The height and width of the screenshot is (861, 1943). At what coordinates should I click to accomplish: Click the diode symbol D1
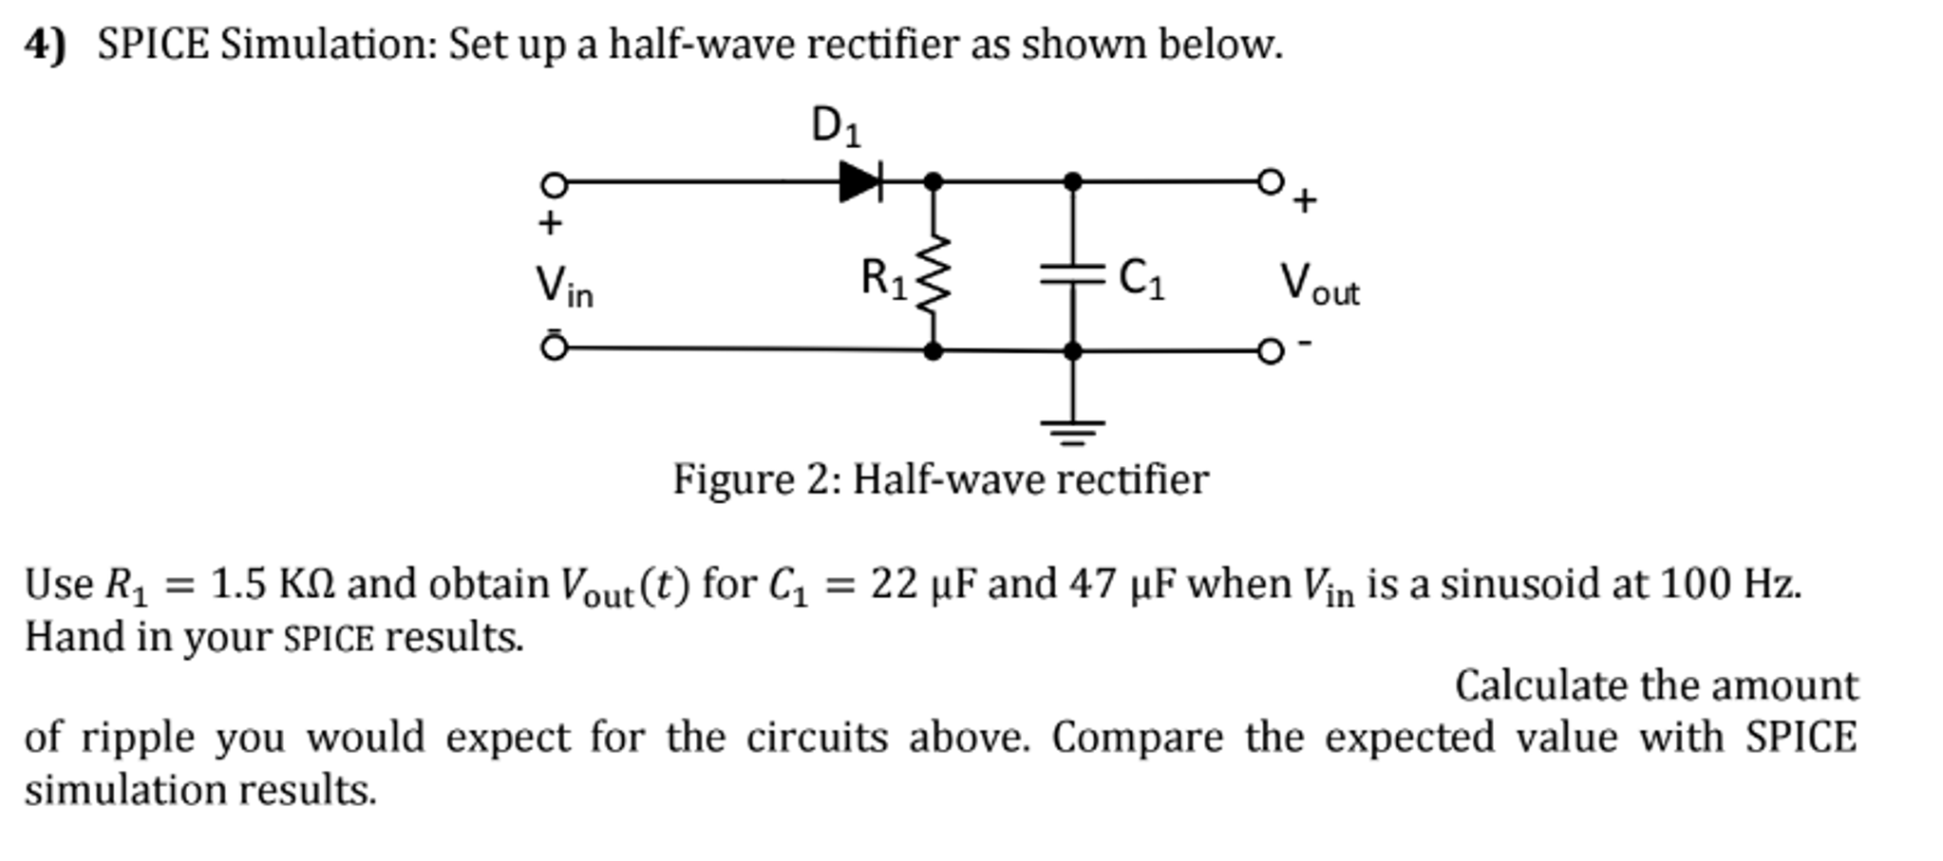[860, 180]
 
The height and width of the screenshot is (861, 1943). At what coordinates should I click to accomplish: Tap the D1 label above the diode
[836, 126]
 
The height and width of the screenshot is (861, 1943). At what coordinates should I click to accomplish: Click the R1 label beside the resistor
[883, 279]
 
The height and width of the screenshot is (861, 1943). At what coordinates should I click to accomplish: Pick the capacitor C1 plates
[1072, 275]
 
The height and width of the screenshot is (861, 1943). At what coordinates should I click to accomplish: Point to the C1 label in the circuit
[1141, 279]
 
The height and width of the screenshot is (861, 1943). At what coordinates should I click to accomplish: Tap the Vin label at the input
[564, 286]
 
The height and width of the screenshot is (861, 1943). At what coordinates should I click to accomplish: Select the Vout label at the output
[1319, 284]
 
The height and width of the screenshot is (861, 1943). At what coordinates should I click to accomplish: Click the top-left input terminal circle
[554, 183]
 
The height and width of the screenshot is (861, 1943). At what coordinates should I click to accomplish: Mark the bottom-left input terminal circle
[554, 348]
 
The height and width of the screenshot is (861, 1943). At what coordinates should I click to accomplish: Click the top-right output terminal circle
[1270, 180]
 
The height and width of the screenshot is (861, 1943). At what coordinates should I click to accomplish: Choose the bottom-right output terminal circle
[1270, 351]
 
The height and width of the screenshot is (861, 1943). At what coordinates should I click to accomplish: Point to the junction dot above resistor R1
[934, 180]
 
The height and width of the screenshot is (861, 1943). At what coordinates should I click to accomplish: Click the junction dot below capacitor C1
[1072, 351]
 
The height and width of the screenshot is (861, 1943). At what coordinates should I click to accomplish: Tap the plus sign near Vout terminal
[1306, 200]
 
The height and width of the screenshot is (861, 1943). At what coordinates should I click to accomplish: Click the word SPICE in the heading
[153, 44]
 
